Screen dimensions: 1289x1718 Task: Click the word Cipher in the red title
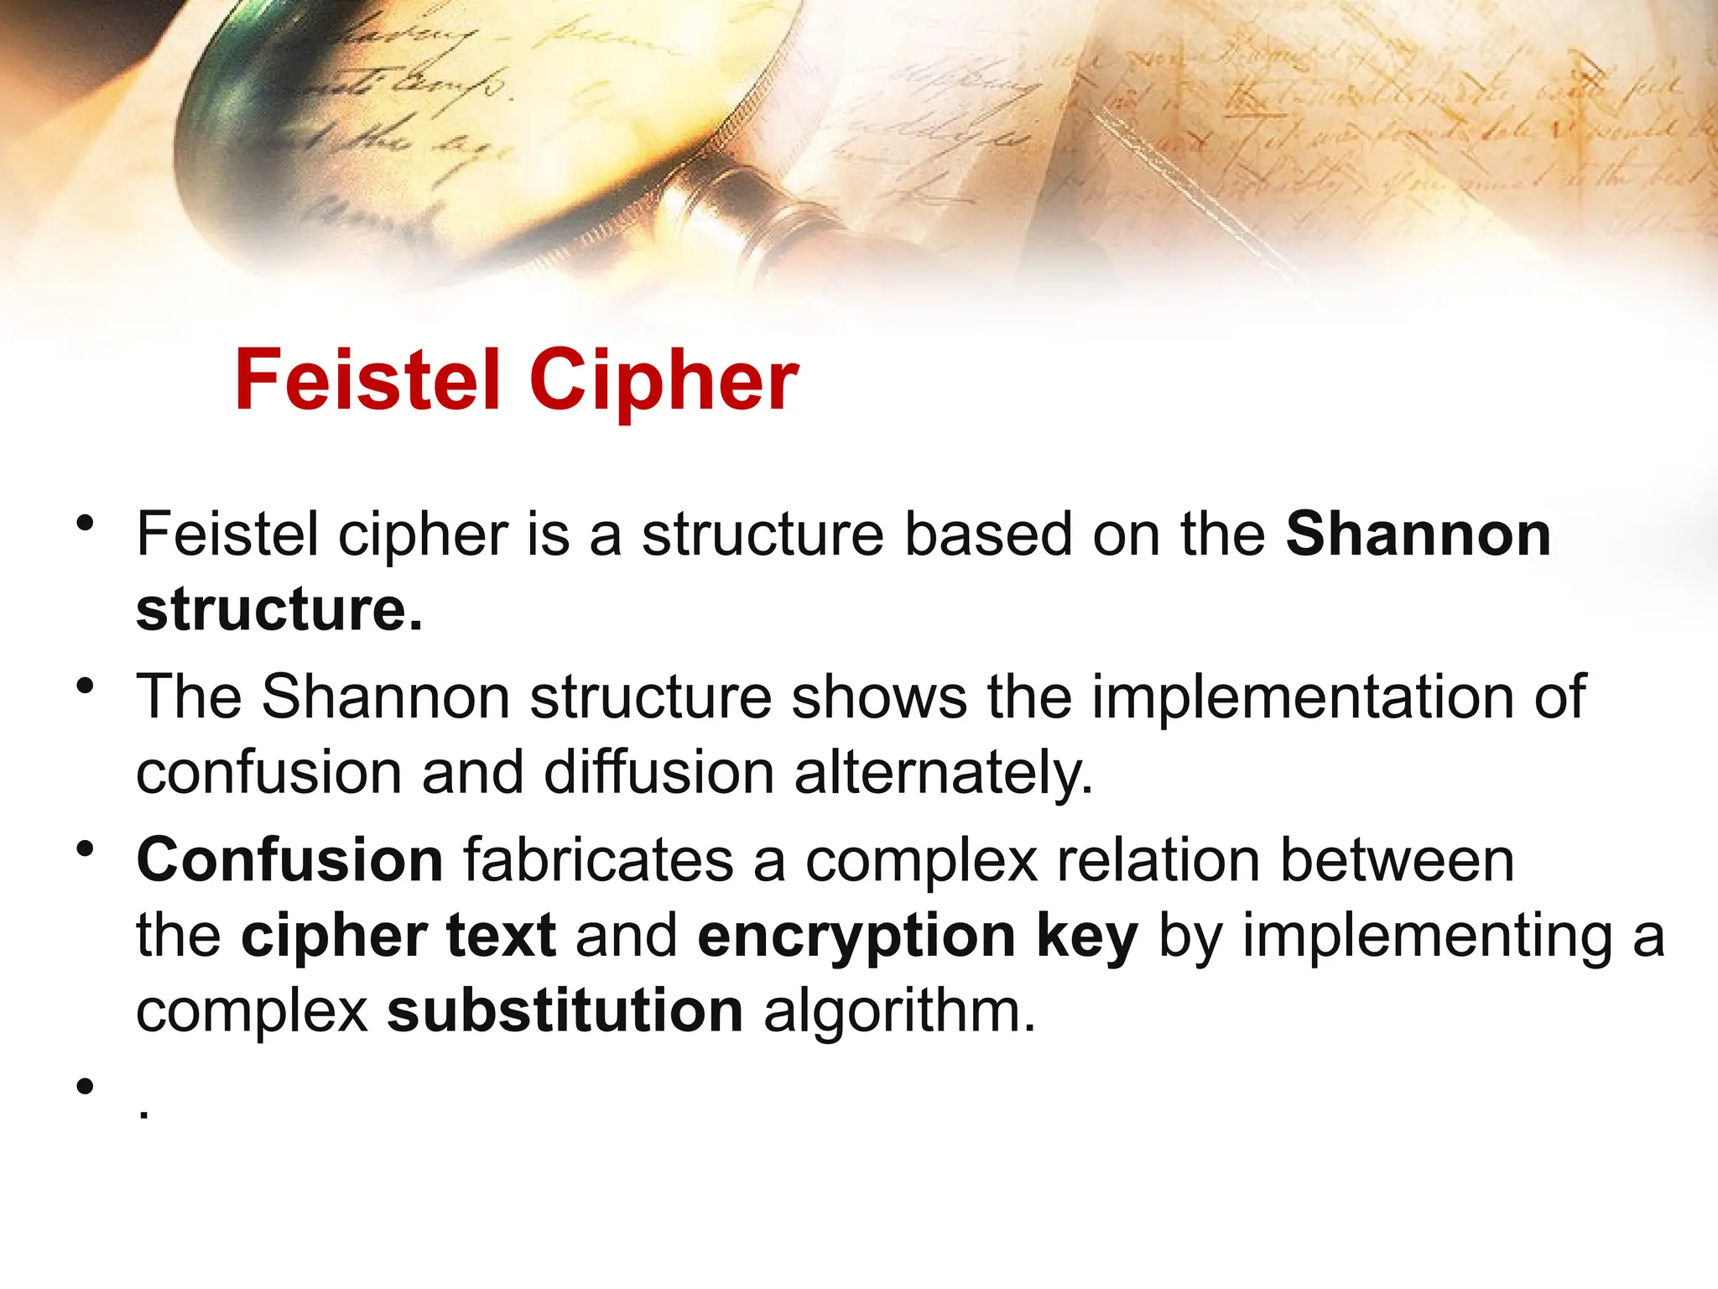coord(664,382)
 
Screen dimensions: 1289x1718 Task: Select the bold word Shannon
coord(1418,534)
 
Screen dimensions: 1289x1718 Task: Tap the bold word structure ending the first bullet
coord(279,609)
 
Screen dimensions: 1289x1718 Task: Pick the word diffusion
coord(659,772)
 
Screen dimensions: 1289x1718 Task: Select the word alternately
coord(943,772)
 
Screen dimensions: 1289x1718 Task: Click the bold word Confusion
coord(289,860)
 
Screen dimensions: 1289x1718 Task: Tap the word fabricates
coord(599,860)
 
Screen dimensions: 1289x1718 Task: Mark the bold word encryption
coord(856,936)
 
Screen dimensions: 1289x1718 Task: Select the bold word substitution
coord(565,1010)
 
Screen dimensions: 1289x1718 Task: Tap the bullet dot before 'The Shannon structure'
coord(84,686)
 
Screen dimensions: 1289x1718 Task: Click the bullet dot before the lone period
coord(84,1088)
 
